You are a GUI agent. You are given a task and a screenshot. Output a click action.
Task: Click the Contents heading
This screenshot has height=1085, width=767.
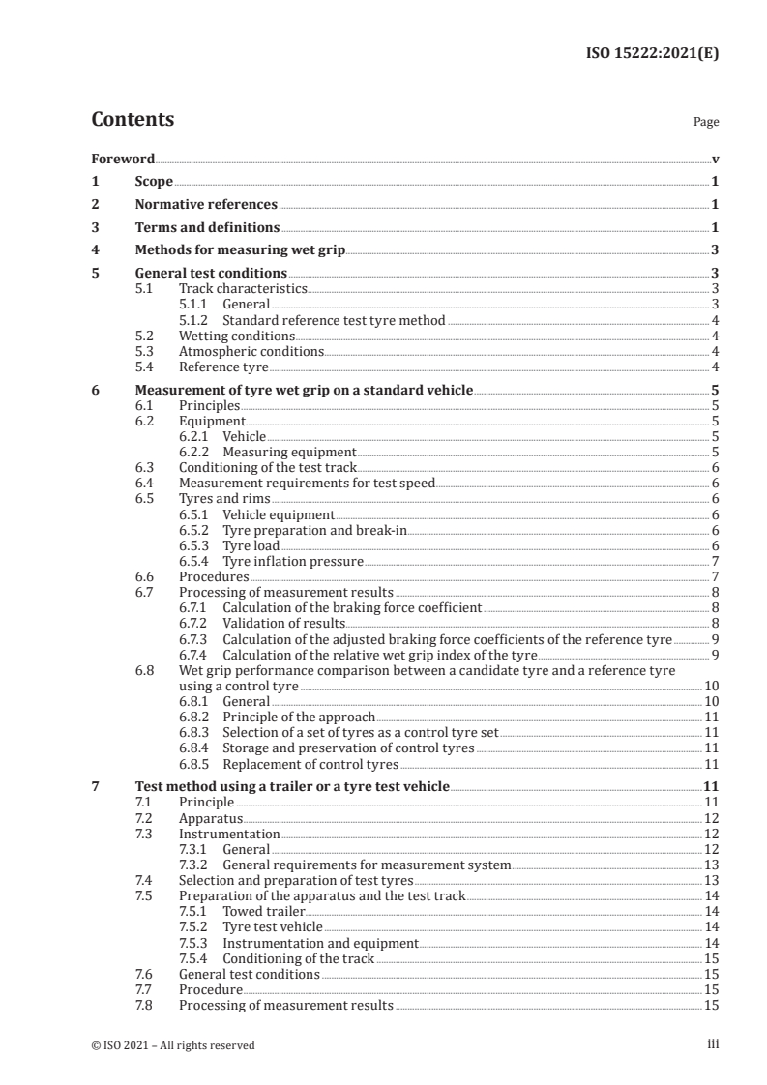click(133, 120)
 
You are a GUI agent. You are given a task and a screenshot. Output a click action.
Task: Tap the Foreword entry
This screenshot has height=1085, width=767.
click(123, 159)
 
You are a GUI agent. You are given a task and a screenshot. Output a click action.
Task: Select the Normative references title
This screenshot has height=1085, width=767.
click(206, 205)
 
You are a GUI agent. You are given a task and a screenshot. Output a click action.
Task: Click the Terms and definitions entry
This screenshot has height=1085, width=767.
click(207, 228)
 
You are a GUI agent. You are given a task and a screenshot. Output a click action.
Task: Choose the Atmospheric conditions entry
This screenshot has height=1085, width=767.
click(251, 351)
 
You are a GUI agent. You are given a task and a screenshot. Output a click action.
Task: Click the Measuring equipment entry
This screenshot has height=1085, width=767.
click(289, 452)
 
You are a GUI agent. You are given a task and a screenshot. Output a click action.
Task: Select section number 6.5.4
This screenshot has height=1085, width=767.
click(194, 560)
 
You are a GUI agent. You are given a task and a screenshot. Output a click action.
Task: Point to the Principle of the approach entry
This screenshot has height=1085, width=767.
click(298, 717)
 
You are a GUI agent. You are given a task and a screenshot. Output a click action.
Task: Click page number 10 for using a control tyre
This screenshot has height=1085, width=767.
click(710, 685)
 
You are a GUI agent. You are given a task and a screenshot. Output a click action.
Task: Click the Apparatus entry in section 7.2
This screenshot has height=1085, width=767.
click(211, 817)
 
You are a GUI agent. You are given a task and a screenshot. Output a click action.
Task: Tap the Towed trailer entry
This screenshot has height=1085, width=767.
click(263, 911)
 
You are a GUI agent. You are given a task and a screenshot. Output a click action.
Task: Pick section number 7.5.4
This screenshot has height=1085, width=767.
click(194, 957)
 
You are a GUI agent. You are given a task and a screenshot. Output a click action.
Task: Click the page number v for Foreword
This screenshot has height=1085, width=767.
click(715, 159)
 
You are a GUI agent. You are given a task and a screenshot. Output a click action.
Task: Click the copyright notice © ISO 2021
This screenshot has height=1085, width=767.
click(173, 1044)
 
